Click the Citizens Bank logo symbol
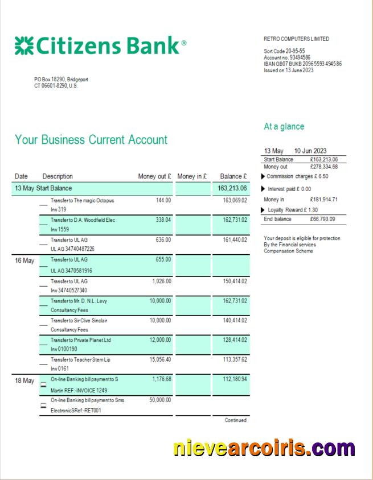[23, 45]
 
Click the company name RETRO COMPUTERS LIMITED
[296, 39]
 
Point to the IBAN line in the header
[302, 64]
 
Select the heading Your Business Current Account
[91, 140]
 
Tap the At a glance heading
[284, 126]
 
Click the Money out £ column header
[154, 176]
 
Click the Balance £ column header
[233, 176]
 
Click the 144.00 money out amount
[163, 200]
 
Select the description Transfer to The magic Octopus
[82, 200]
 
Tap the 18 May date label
[24, 380]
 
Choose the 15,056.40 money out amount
[160, 359]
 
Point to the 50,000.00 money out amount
[159, 400]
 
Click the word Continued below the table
[236, 420]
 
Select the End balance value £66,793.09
[323, 220]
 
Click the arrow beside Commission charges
[263, 177]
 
